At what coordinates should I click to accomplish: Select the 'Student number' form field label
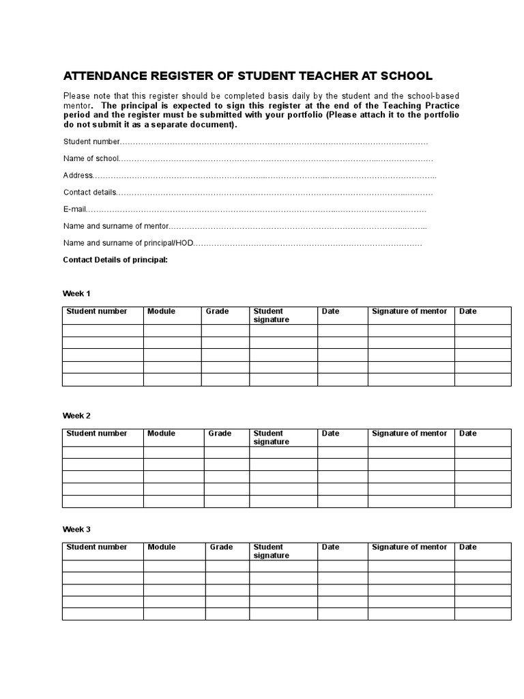pyautogui.click(x=91, y=141)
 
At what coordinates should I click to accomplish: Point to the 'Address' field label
pyautogui.click(x=78, y=175)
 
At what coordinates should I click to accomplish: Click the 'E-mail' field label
pyautogui.click(x=76, y=210)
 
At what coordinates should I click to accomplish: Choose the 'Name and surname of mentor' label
pyautogui.click(x=115, y=226)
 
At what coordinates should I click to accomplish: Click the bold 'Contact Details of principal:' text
pyautogui.click(x=115, y=260)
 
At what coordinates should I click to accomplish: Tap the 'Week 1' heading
pyautogui.click(x=76, y=294)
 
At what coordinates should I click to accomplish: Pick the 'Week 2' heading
pyautogui.click(x=76, y=416)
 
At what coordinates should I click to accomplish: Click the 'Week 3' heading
pyautogui.click(x=76, y=529)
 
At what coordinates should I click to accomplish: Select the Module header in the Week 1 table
pyautogui.click(x=161, y=311)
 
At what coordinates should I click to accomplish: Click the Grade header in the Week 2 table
pyautogui.click(x=220, y=433)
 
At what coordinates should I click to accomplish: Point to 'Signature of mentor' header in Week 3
pyautogui.click(x=409, y=547)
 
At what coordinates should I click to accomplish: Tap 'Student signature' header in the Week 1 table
pyautogui.click(x=271, y=315)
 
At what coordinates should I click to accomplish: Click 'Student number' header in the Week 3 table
pyautogui.click(x=96, y=547)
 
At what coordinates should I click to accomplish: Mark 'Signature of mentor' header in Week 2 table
pyautogui.click(x=409, y=433)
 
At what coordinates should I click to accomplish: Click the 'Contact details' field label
pyautogui.click(x=90, y=192)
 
